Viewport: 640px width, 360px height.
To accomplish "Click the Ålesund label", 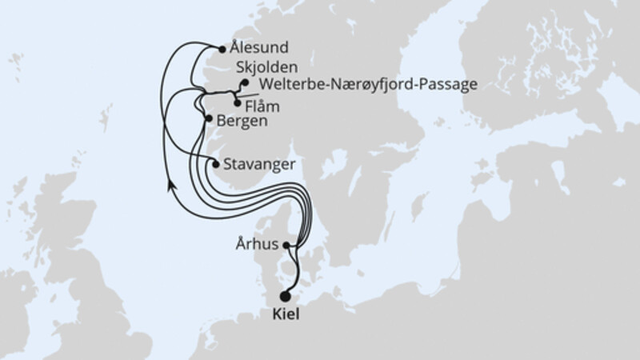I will click(x=258, y=48).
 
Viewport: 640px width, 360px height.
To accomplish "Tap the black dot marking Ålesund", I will click(x=222, y=48).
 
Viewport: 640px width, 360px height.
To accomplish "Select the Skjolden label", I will click(x=268, y=67).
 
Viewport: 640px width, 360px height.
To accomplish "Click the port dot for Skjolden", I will click(x=244, y=82).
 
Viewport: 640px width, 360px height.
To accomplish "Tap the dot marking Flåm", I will click(x=237, y=102).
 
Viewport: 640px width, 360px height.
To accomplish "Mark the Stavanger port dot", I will click(x=214, y=164).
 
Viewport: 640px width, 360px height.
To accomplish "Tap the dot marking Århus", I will click(x=288, y=246).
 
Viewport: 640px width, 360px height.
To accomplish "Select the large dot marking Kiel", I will click(x=286, y=296).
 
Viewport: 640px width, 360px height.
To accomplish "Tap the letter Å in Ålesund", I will click(x=234, y=47).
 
